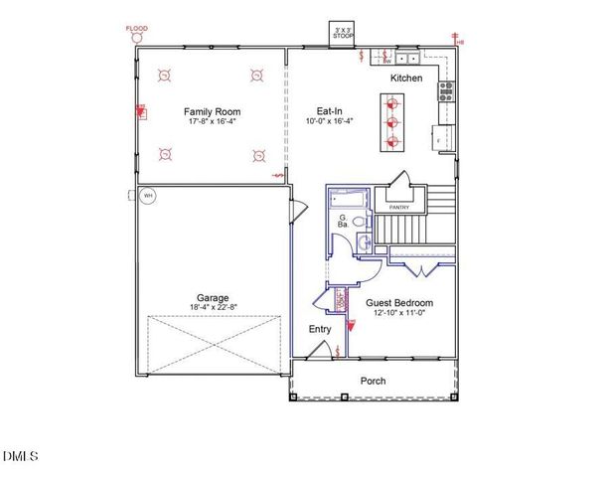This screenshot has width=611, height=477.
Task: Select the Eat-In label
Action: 331,111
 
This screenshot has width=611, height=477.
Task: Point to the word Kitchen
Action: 405,78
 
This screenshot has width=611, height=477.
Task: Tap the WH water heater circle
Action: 148,196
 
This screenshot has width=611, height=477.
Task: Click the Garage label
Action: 213,297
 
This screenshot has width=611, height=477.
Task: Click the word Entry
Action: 320,329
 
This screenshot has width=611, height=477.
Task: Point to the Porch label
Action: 373,381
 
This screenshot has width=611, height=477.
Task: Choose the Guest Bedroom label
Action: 399,302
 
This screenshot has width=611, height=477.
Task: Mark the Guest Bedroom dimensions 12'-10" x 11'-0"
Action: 399,313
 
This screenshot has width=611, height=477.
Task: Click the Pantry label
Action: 399,207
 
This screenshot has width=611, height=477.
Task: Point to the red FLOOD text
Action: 136,30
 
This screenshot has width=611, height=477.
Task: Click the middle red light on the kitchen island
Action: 390,121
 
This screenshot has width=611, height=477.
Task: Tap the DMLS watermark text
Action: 20,457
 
